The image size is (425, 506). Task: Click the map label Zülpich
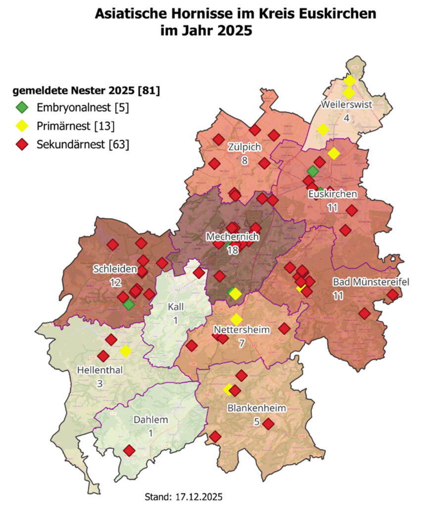244,147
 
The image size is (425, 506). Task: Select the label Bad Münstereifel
371,282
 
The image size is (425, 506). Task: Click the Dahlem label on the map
150,420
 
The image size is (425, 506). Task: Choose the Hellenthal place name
100,370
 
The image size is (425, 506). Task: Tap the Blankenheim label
257,408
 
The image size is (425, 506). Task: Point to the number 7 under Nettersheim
241,342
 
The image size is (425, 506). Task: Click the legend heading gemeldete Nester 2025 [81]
86,91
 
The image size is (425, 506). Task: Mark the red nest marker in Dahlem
129,451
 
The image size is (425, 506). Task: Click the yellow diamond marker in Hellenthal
126,351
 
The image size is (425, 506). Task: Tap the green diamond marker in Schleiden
129,304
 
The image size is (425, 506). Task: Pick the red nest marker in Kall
198,273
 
